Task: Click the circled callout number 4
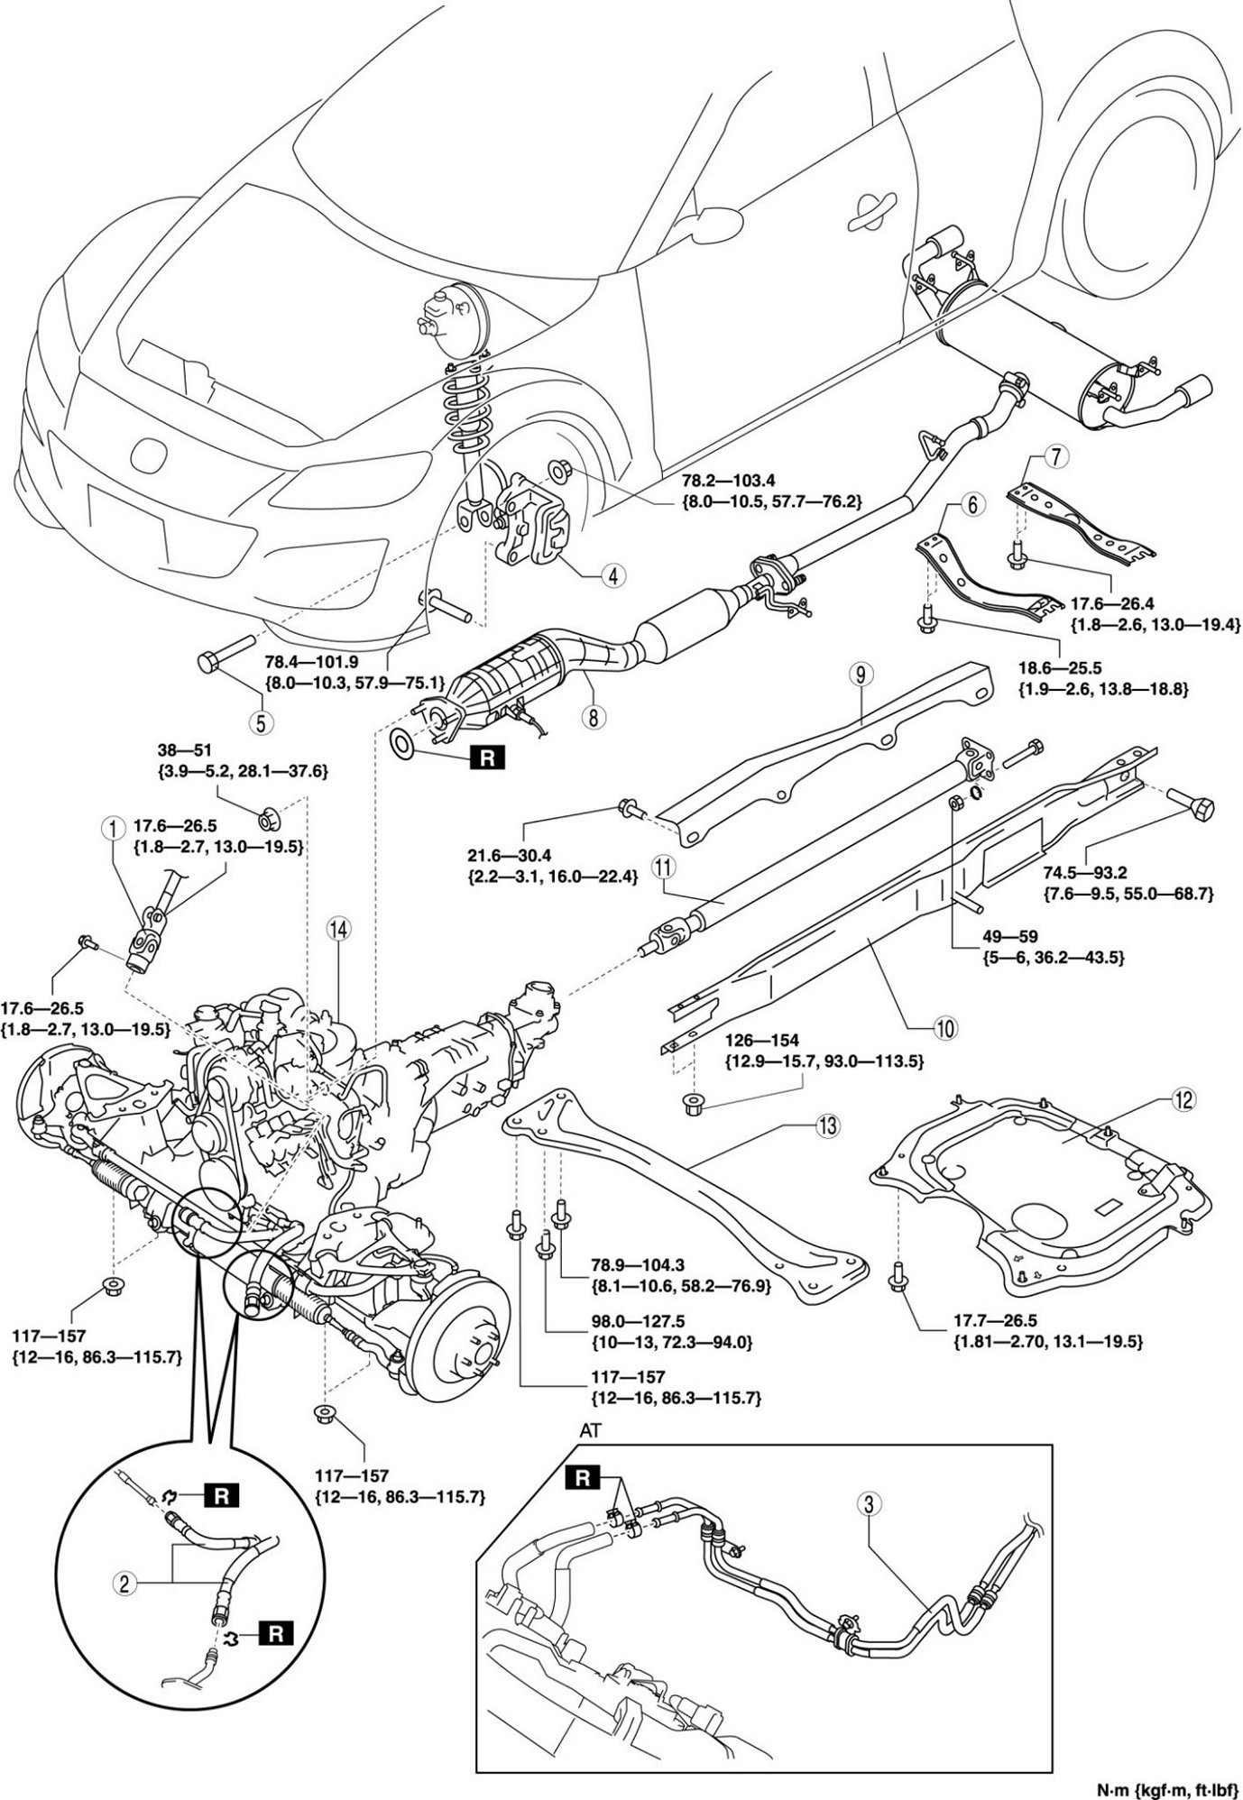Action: point(612,574)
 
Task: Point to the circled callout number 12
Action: point(1183,1100)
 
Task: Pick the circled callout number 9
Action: point(860,673)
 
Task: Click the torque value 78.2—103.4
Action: point(733,483)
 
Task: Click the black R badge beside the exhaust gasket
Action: point(486,758)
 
